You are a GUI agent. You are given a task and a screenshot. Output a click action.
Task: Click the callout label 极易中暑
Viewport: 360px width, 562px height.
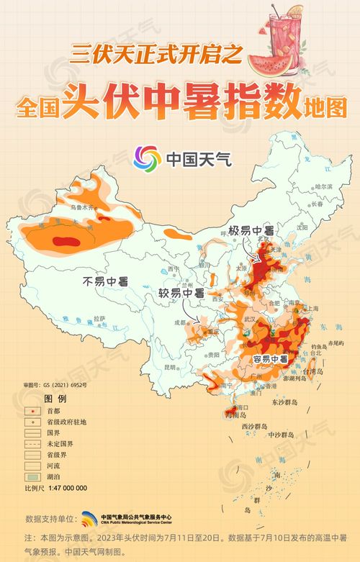[252, 232]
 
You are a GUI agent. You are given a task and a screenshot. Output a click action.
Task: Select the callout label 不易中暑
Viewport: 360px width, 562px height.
[104, 281]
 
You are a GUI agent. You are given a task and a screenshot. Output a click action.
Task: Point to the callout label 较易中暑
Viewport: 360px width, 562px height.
[181, 294]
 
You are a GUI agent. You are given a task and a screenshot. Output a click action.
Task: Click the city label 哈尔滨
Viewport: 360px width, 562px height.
[325, 186]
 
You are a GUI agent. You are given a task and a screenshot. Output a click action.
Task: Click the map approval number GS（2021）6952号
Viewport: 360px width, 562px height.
[55, 386]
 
